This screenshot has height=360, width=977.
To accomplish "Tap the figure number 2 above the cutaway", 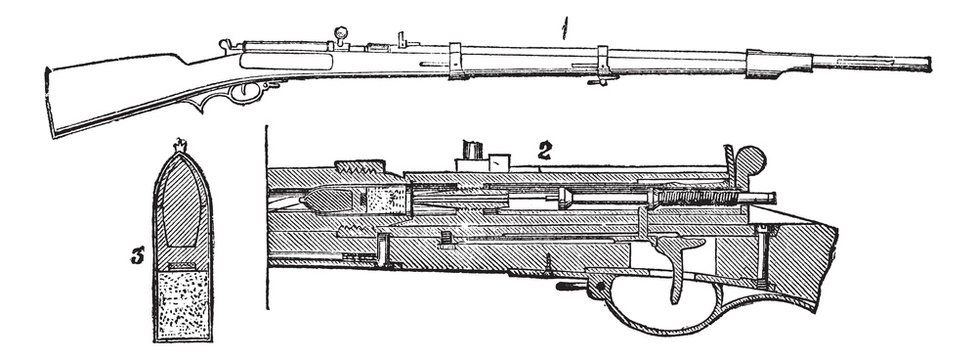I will pyautogui.click(x=545, y=152).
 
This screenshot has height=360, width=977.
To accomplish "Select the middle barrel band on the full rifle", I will pyautogui.click(x=603, y=61).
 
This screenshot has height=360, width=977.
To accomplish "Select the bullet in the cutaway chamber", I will pyautogui.click(x=329, y=200).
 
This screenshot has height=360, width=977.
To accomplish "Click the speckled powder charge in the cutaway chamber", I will pyautogui.click(x=384, y=201).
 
